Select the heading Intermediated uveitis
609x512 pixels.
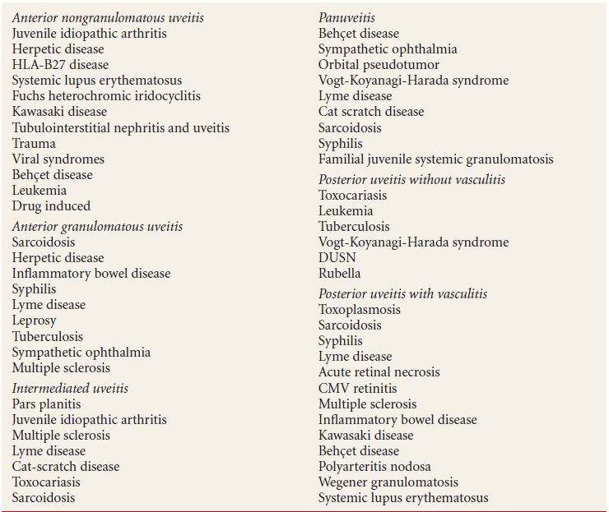(x=70, y=388)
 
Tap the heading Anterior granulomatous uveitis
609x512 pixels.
(x=97, y=226)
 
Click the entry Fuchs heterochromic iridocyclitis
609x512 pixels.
(x=106, y=96)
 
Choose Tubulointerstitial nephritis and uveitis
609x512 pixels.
(x=121, y=127)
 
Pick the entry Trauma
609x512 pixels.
(x=34, y=143)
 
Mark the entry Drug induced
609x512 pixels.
(x=51, y=205)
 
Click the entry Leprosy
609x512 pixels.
(x=34, y=321)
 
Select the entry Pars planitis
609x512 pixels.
(x=46, y=404)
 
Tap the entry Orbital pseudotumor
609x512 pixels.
(x=379, y=64)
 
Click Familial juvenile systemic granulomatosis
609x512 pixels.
(x=435, y=159)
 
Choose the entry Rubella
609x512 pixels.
(x=339, y=273)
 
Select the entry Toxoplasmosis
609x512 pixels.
(x=360, y=309)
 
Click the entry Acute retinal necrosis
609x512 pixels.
(x=379, y=372)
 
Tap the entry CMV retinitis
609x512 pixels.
(x=357, y=388)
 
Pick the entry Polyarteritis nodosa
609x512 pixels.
(x=373, y=466)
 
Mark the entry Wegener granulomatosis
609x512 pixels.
(x=388, y=482)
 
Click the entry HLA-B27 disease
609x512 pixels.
(x=60, y=64)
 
